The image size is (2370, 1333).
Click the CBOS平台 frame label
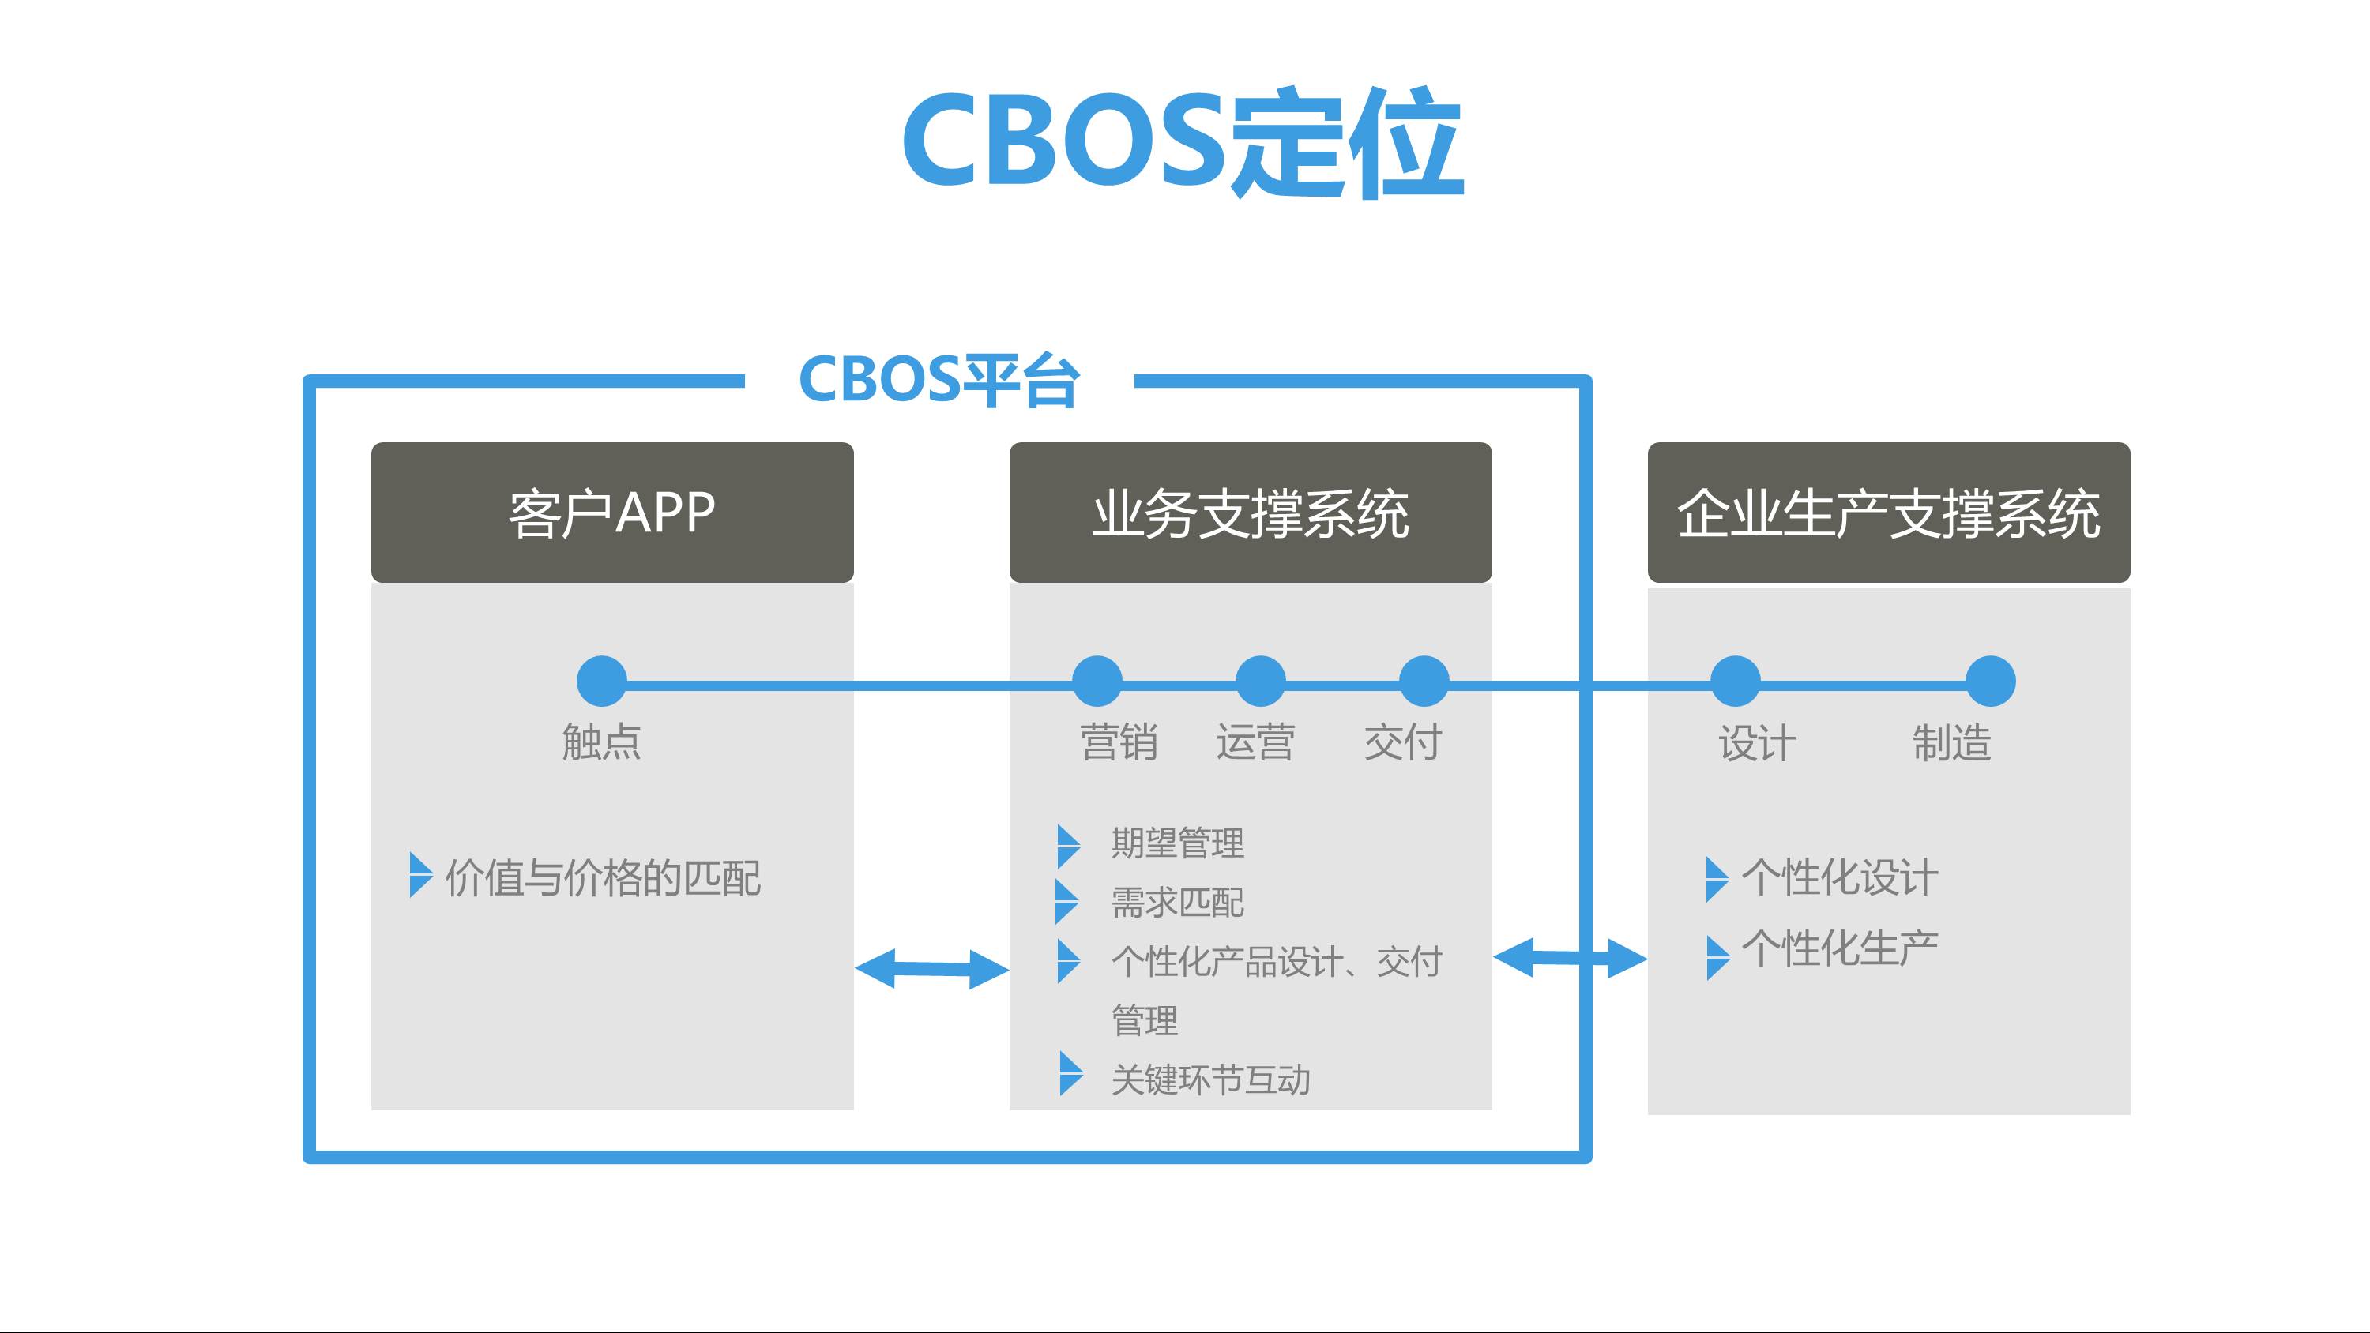939,379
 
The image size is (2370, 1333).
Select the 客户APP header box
611,513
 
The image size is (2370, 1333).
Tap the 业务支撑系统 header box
1251,513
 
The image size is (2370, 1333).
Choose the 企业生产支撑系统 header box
1888,513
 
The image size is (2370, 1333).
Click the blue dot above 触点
602,682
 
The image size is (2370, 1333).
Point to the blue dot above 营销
1097,682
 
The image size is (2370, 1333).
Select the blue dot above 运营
1260,682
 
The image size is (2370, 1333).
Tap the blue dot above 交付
1424,682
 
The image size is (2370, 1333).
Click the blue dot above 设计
1735,682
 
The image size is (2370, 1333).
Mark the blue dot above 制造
1990,682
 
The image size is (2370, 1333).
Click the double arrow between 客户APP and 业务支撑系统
931,969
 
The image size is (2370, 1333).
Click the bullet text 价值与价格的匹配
603,877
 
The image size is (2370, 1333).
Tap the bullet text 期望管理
1178,843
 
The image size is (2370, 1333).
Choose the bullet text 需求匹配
1178,903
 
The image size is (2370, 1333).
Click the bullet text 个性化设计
1840,877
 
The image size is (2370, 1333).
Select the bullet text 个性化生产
1840,948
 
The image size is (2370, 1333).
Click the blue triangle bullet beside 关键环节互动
1069,1073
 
